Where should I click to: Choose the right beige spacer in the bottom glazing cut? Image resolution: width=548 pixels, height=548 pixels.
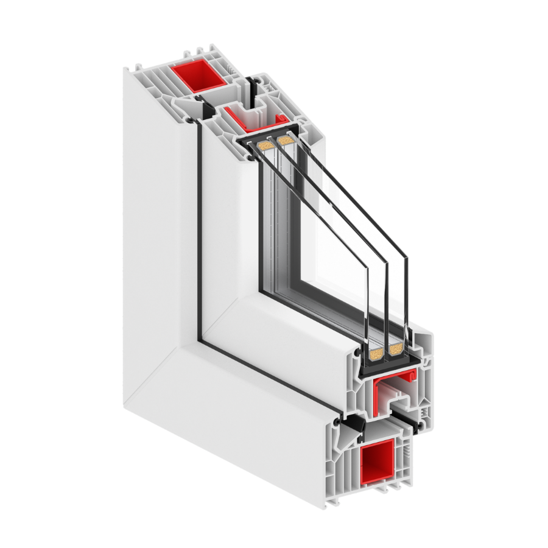pos(396,348)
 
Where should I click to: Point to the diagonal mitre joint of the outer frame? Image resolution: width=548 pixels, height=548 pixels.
pos(164,365)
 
